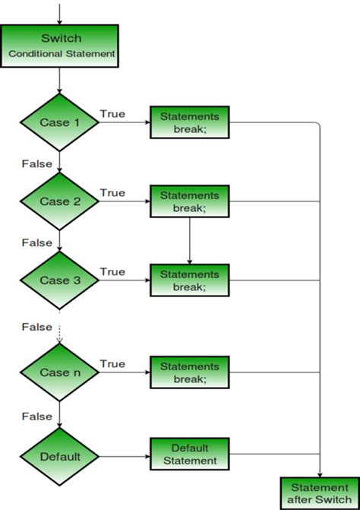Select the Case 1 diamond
tap(60, 122)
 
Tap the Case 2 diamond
tap(60, 201)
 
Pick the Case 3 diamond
tap(60, 280)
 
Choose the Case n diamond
tap(60, 372)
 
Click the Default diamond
tap(60, 457)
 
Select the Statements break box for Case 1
tap(189, 122)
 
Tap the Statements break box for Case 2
tap(189, 201)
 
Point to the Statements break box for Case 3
tap(189, 280)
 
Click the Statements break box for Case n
tap(189, 372)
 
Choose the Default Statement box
tap(189, 455)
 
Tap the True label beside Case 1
tap(112, 113)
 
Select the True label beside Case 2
tap(112, 193)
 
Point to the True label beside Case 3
tap(112, 271)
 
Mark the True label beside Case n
tap(112, 364)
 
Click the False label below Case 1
tap(36, 163)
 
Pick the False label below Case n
tap(36, 417)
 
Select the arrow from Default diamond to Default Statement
tap(125, 457)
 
